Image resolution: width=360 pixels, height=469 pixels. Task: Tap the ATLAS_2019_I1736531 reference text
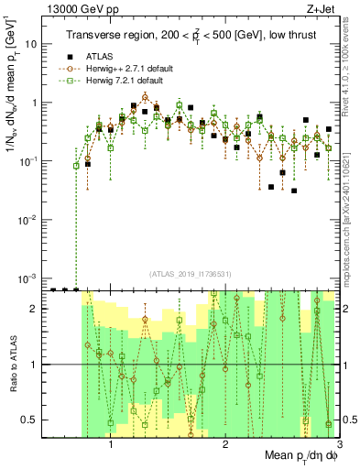click(x=191, y=273)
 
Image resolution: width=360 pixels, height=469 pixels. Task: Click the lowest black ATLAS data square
click(x=294, y=191)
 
